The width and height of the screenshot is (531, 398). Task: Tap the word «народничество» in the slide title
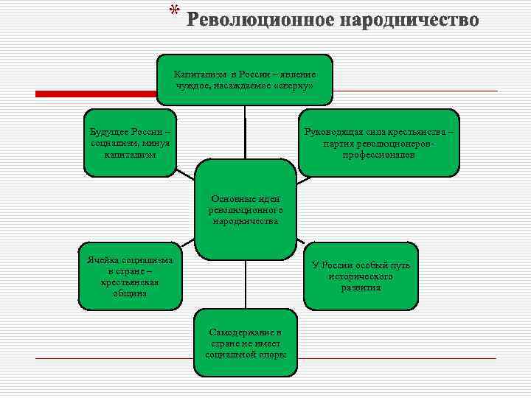(409, 19)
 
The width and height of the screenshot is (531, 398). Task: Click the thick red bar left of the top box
(96, 94)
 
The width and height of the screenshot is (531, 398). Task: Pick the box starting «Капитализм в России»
(244, 80)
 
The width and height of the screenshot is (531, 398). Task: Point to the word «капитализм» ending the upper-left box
(130, 155)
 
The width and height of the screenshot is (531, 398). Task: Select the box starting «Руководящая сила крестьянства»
(379, 143)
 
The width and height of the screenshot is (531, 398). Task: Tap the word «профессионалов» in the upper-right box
(378, 156)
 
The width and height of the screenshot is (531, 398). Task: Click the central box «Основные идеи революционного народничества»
(244, 209)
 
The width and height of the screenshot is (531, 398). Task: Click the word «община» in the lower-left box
(130, 293)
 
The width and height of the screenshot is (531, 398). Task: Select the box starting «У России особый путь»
(361, 276)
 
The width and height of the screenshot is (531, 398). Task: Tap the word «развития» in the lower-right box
(361, 287)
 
